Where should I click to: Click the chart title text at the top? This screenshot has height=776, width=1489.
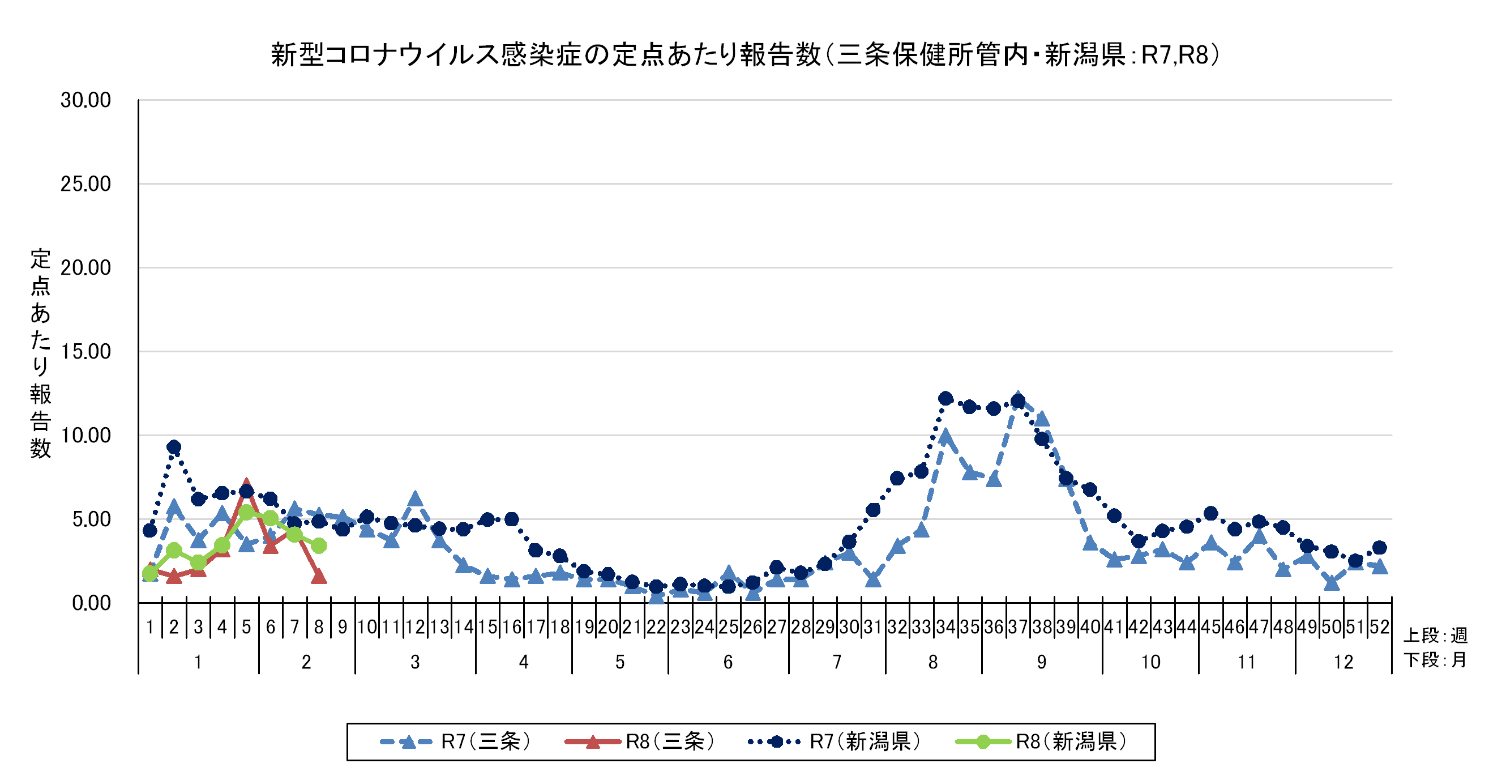click(x=744, y=56)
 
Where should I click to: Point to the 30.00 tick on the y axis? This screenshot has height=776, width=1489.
click(x=85, y=100)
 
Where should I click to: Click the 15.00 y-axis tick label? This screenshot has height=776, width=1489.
click(x=85, y=352)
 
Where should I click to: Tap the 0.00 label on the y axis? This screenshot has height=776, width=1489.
click(x=91, y=603)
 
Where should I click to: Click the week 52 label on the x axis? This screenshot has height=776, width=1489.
click(x=1379, y=627)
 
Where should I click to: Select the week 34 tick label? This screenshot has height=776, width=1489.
click(x=945, y=627)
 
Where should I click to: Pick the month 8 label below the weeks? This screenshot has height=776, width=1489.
click(x=933, y=662)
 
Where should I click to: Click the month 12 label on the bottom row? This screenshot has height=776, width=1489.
click(x=1343, y=662)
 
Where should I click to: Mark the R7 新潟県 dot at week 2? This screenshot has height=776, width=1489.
click(x=174, y=447)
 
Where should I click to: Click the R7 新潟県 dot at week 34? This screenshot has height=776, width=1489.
click(x=945, y=398)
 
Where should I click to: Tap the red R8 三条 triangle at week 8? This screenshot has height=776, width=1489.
click(x=319, y=577)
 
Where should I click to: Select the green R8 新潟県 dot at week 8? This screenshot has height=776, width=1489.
click(x=319, y=545)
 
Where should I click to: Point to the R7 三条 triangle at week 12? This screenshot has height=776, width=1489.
click(x=415, y=498)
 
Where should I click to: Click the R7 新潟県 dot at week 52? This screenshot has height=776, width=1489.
click(x=1379, y=548)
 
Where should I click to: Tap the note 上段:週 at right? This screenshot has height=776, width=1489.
click(x=1435, y=636)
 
